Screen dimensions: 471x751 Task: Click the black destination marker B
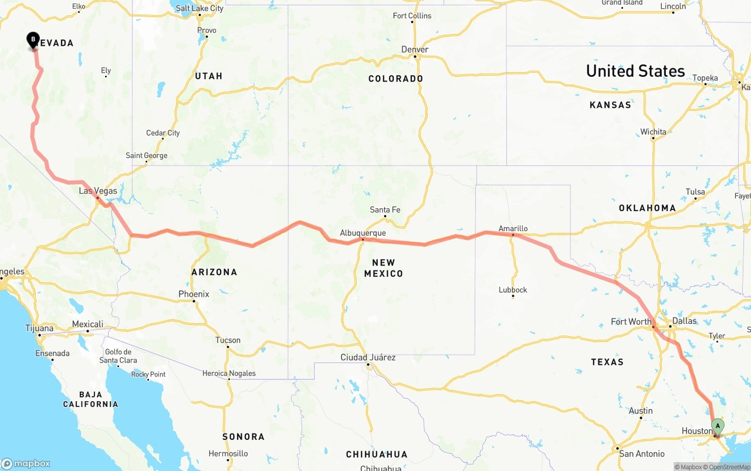33,40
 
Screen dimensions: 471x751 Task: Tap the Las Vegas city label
98,191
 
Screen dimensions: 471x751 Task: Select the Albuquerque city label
363,233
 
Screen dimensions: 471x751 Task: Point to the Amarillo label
513,228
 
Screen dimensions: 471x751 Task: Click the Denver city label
415,49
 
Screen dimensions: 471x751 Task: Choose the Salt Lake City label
199,8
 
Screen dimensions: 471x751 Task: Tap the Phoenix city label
194,294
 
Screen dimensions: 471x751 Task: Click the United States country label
635,71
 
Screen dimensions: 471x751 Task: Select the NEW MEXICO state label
383,268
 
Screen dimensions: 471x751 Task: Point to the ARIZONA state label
214,272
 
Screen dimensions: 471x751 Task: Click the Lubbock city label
513,289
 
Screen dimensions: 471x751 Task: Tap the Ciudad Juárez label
368,357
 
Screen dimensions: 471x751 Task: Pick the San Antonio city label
642,453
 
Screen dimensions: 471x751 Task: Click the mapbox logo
26,463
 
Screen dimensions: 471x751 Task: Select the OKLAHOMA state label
647,208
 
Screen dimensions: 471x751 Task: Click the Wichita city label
653,131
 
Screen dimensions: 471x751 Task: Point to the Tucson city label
228,340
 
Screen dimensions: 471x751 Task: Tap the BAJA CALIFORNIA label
90,399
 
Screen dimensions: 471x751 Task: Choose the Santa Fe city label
385,209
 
